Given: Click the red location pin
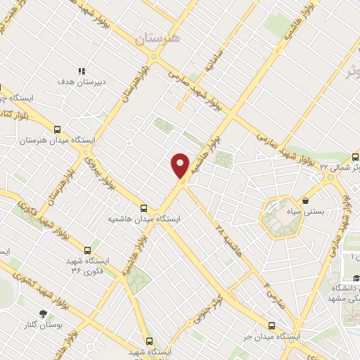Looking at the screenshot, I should (181, 165).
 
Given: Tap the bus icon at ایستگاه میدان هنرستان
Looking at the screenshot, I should (58, 129).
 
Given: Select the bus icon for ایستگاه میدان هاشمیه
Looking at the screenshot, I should (143, 208).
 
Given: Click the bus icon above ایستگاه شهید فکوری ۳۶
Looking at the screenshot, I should (88, 250).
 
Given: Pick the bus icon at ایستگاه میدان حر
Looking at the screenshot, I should (272, 326).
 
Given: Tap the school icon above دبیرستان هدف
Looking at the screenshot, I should (82, 71).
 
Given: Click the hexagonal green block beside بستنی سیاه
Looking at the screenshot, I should (280, 219).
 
